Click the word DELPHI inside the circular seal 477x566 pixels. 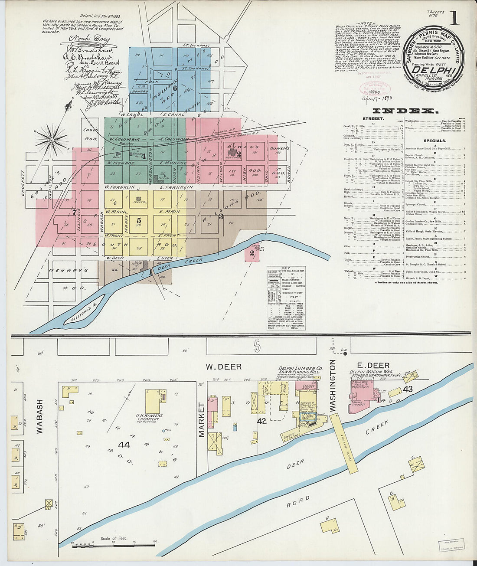pyautogui.click(x=433, y=70)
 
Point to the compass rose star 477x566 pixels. pyautogui.click(x=52, y=140)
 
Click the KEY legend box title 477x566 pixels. pyautogui.click(x=286, y=269)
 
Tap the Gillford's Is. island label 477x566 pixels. pyautogui.click(x=85, y=308)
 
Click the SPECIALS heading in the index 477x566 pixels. pyautogui.click(x=435, y=141)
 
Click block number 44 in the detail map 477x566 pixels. pyautogui.click(x=124, y=444)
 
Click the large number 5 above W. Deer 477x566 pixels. pyautogui.click(x=257, y=345)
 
